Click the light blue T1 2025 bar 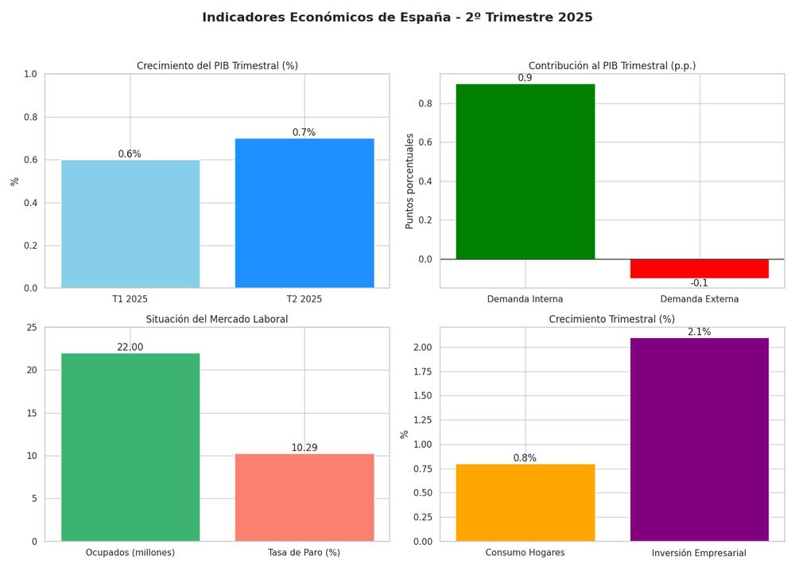(x=130, y=224)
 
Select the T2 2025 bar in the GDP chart (x=304, y=213)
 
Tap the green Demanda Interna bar (x=525, y=171)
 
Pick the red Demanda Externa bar (x=700, y=269)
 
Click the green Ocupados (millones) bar (x=130, y=447)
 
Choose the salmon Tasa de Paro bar (x=304, y=497)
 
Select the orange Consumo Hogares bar (x=525, y=503)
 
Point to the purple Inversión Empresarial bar (x=700, y=439)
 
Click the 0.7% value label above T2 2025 (x=304, y=133)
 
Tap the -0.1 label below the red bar (x=699, y=283)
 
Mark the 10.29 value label (x=304, y=448)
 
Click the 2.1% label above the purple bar (x=699, y=332)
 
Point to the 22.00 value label (x=130, y=348)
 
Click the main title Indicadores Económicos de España (x=397, y=18)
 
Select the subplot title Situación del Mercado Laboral (x=217, y=319)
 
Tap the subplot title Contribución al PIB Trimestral (x=612, y=65)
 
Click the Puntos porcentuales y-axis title (x=410, y=181)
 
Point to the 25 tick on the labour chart (x=32, y=328)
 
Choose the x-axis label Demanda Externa (x=700, y=299)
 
